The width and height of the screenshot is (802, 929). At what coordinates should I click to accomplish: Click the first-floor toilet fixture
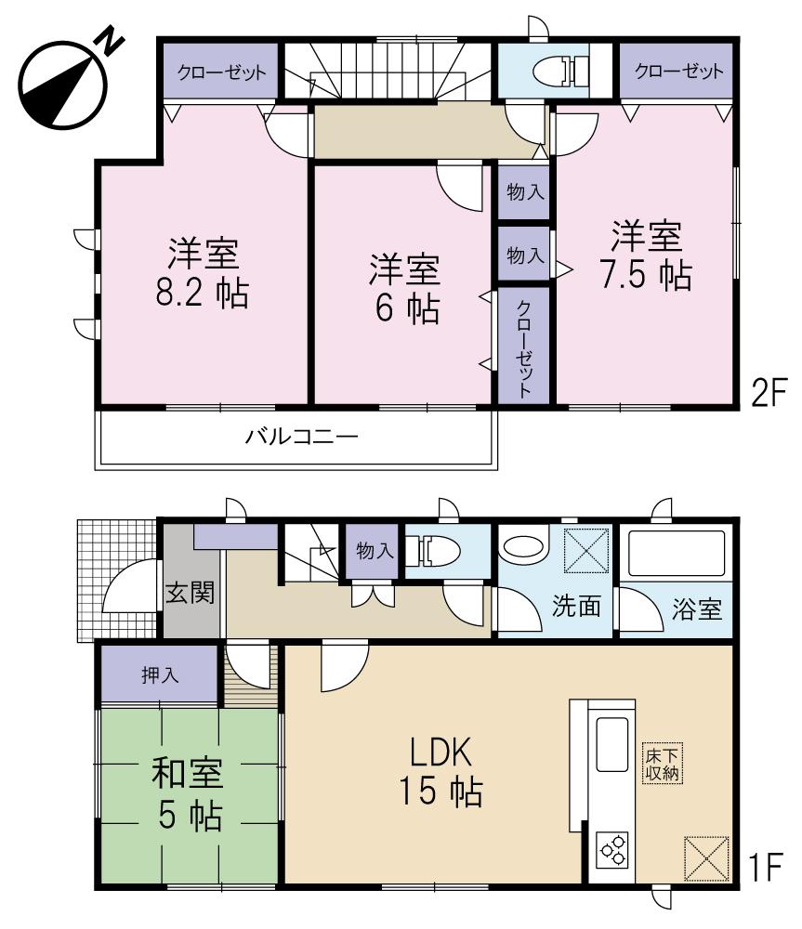[436, 551]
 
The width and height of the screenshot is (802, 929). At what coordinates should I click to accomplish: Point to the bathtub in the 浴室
[677, 555]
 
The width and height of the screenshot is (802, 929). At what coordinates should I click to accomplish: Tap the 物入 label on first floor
[375, 551]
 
